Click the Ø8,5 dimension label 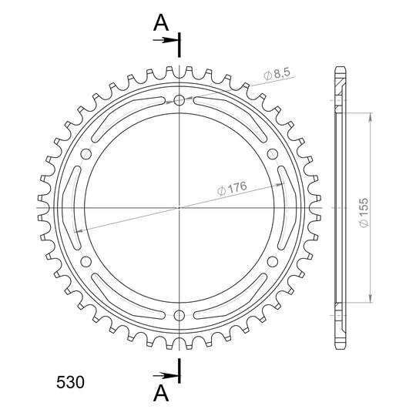[277, 74]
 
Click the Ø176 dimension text [232, 188]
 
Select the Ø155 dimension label [364, 213]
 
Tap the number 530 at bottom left [70, 382]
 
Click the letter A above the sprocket [161, 23]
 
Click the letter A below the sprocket [161, 393]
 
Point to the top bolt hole [179, 100]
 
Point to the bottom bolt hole [179, 315]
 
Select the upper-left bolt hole [86, 154]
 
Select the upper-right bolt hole [273, 154]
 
